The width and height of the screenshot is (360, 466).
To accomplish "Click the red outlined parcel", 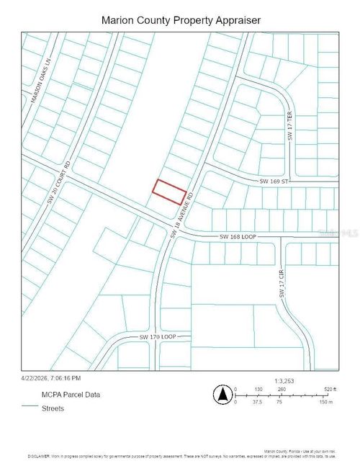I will [170, 192].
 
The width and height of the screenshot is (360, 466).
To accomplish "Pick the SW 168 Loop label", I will [238, 236].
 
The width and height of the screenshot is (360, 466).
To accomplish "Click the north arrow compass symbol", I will [222, 395].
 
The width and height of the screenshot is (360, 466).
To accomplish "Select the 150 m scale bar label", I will [326, 402].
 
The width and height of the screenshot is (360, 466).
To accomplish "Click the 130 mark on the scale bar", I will [258, 389].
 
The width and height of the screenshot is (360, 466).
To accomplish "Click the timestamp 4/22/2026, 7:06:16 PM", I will [52, 377].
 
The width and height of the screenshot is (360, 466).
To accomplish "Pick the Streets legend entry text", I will [54, 408].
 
